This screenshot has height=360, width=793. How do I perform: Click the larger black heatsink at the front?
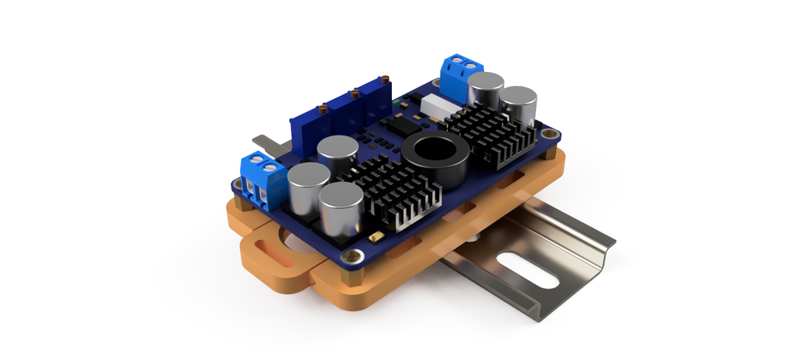tap(392, 190)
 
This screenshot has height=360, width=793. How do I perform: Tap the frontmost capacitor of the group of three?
tap(342, 208)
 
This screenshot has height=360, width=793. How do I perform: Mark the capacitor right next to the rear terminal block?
tap(486, 90)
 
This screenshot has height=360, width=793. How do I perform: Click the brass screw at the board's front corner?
tap(355, 255)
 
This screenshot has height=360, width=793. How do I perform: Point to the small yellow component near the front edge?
tap(376, 235)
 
